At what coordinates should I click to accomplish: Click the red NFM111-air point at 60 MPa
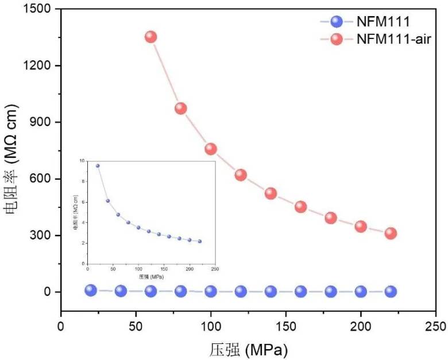pyautogui.click(x=150, y=37)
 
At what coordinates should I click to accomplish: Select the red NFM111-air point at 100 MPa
pyautogui.click(x=211, y=149)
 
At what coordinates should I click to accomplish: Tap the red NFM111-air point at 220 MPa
pyautogui.click(x=391, y=233)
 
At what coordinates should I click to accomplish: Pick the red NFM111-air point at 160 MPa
pyautogui.click(x=300, y=207)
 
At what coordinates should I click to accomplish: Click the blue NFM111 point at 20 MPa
pyautogui.click(x=91, y=290)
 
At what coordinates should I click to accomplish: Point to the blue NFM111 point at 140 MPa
pyautogui.click(x=271, y=291)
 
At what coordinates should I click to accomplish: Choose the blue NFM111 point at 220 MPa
pyautogui.click(x=391, y=291)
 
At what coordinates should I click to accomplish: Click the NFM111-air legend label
pyautogui.click(x=393, y=39)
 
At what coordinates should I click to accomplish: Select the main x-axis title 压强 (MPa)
pyautogui.click(x=248, y=349)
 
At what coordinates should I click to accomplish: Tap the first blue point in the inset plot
pyautogui.click(x=98, y=165)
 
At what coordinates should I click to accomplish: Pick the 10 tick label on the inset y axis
pyautogui.click(x=82, y=161)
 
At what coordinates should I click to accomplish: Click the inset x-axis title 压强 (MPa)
pyautogui.click(x=150, y=276)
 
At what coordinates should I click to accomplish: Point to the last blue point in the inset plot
pyautogui.click(x=200, y=241)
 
